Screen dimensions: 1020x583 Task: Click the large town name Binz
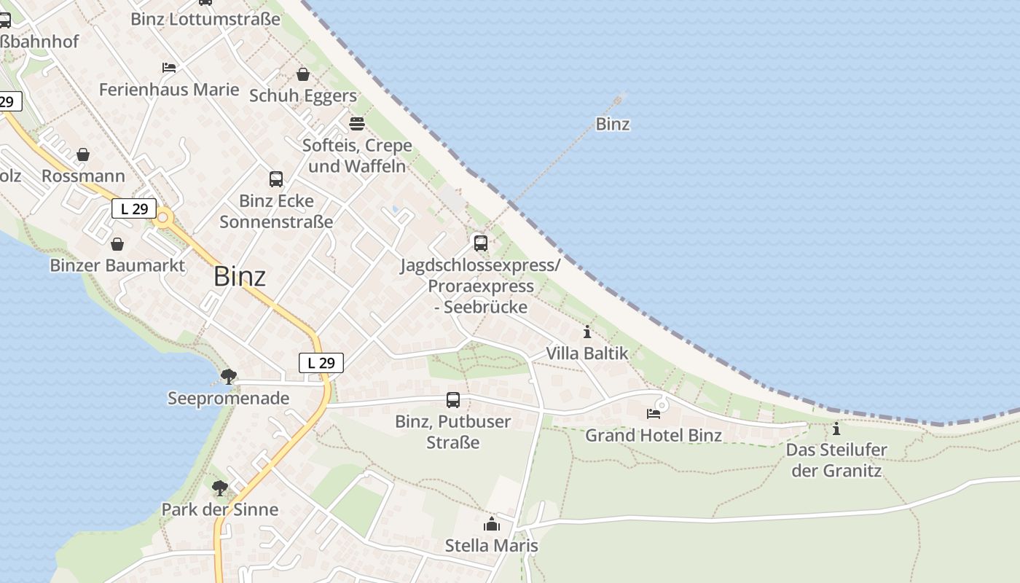[240, 277]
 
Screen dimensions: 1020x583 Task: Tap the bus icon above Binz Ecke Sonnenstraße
[276, 179]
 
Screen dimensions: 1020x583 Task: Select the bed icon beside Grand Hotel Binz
[654, 414]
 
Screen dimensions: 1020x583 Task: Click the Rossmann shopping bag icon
[83, 154]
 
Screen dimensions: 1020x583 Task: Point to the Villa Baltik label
[586, 354]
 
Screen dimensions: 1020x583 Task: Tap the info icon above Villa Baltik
[587, 332]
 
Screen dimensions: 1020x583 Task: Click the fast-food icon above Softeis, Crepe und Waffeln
[357, 123]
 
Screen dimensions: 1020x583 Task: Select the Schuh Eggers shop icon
[303, 74]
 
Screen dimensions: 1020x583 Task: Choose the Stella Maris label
[491, 546]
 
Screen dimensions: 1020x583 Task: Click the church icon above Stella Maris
[492, 524]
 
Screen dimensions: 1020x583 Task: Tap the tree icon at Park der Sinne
[219, 488]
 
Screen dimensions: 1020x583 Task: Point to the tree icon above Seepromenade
[228, 376]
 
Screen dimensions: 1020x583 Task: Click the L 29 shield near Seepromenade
[321, 362]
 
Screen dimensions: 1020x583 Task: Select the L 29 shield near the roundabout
[134, 208]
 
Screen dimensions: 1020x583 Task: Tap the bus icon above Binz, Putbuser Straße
[453, 399]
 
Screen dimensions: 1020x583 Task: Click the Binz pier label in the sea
[613, 124]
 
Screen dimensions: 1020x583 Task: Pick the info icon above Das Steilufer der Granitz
[836, 429]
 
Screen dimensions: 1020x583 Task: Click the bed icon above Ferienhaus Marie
[169, 68]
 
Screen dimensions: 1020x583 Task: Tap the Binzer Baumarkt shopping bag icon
[117, 243]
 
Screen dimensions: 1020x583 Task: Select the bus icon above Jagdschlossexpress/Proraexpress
[481, 243]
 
